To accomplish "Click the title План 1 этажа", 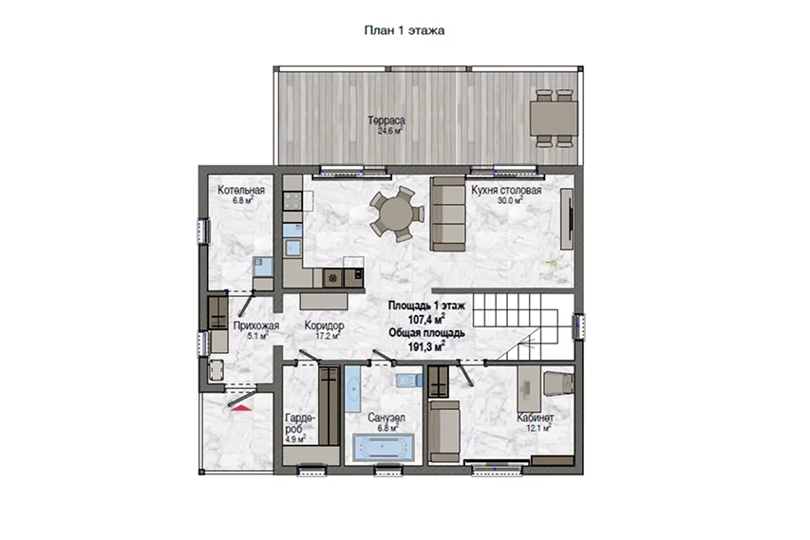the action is tap(404, 30).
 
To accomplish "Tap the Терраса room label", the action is tap(386, 121).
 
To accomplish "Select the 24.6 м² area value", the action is tap(390, 131).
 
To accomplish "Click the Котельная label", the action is tap(241, 190).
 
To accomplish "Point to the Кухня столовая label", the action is tap(506, 190).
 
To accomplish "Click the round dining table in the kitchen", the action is tap(396, 214).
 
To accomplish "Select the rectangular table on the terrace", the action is tap(554, 119).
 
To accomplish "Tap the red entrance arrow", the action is tap(241, 408).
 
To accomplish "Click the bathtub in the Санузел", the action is tap(383, 447).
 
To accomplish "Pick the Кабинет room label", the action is tap(536, 418).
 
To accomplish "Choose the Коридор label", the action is tap(324, 326).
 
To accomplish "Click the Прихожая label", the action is tap(255, 326).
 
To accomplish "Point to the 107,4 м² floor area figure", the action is tap(426, 320).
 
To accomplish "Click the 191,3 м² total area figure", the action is tap(426, 346).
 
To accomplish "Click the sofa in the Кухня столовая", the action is tap(448, 214).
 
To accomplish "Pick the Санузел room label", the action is tap(386, 418).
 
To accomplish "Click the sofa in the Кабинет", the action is tap(444, 431).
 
